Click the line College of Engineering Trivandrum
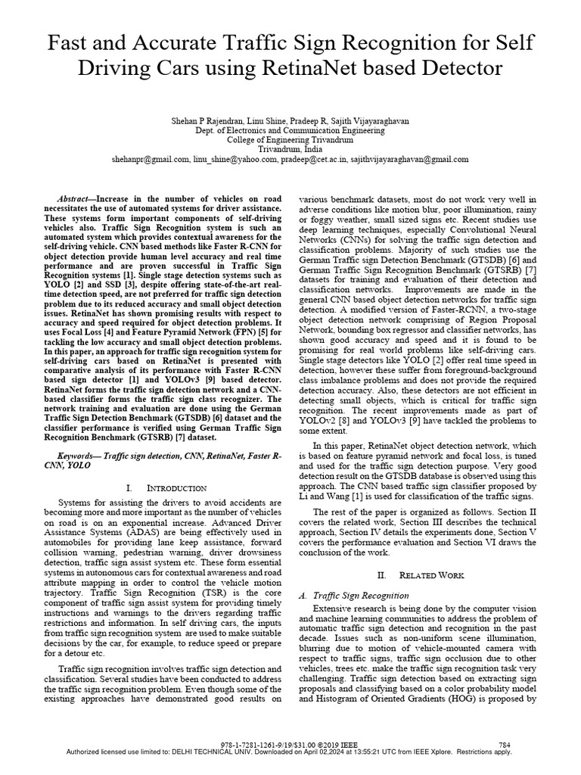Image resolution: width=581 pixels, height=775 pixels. tap(290, 140)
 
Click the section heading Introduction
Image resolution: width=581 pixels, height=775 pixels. tap(179, 488)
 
